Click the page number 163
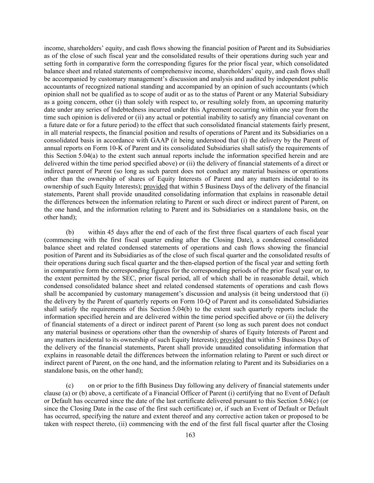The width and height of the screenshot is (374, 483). (190, 435)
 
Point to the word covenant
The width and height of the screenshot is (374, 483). (306, 117)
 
